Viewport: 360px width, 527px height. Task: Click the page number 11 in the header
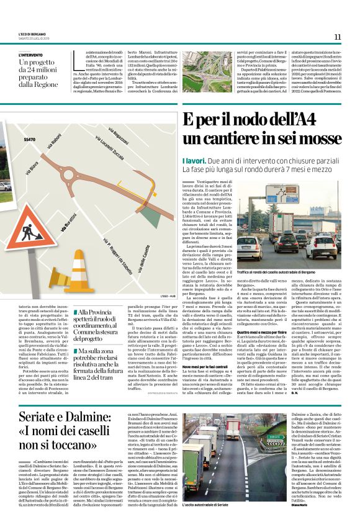337,37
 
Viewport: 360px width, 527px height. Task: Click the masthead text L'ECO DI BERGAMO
32,33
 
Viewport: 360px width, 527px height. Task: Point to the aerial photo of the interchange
202,72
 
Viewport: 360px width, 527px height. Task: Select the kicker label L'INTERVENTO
31,55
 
